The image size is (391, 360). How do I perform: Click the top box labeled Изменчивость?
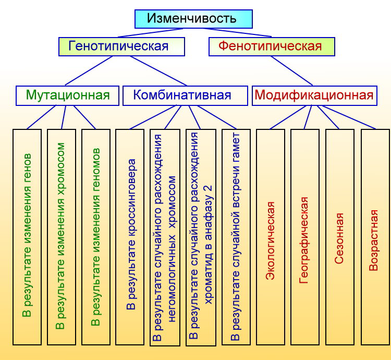click(x=193, y=19)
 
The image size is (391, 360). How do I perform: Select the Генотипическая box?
click(x=121, y=46)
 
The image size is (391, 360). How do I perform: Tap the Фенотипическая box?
click(x=272, y=46)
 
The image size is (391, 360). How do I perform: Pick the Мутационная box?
click(x=67, y=95)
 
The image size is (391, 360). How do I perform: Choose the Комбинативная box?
click(x=185, y=95)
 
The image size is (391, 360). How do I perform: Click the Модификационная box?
click(x=314, y=95)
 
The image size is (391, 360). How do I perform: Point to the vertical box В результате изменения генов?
click(x=27, y=237)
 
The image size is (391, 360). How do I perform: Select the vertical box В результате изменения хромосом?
click(x=62, y=237)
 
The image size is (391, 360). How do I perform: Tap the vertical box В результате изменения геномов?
click(x=96, y=237)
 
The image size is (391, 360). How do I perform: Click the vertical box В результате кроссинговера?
click(x=130, y=237)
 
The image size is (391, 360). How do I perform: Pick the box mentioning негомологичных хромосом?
click(x=165, y=237)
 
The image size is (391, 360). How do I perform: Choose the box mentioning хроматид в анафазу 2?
click(x=201, y=237)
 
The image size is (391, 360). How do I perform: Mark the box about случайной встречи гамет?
click(x=236, y=237)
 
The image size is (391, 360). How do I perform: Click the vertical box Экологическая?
click(x=271, y=237)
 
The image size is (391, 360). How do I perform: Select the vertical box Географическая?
click(x=305, y=237)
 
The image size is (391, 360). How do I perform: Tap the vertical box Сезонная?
click(x=340, y=237)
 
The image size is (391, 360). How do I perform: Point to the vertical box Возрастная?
click(x=375, y=237)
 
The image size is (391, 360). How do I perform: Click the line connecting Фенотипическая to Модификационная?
click(x=291, y=71)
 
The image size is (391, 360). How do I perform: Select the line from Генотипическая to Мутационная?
click(x=89, y=71)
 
